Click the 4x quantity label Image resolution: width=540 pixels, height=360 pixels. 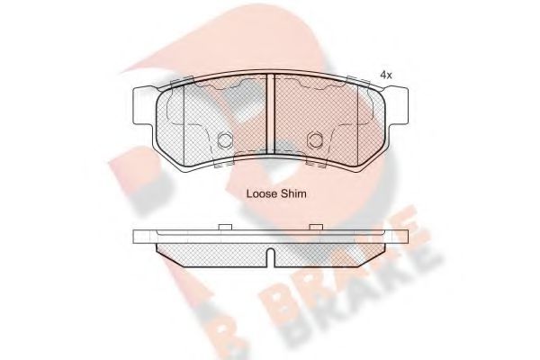click(x=386, y=75)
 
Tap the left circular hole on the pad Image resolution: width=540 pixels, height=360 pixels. click(x=226, y=140)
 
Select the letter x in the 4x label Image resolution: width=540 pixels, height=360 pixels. click(x=390, y=76)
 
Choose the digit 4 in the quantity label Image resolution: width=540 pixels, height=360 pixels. click(x=382, y=75)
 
